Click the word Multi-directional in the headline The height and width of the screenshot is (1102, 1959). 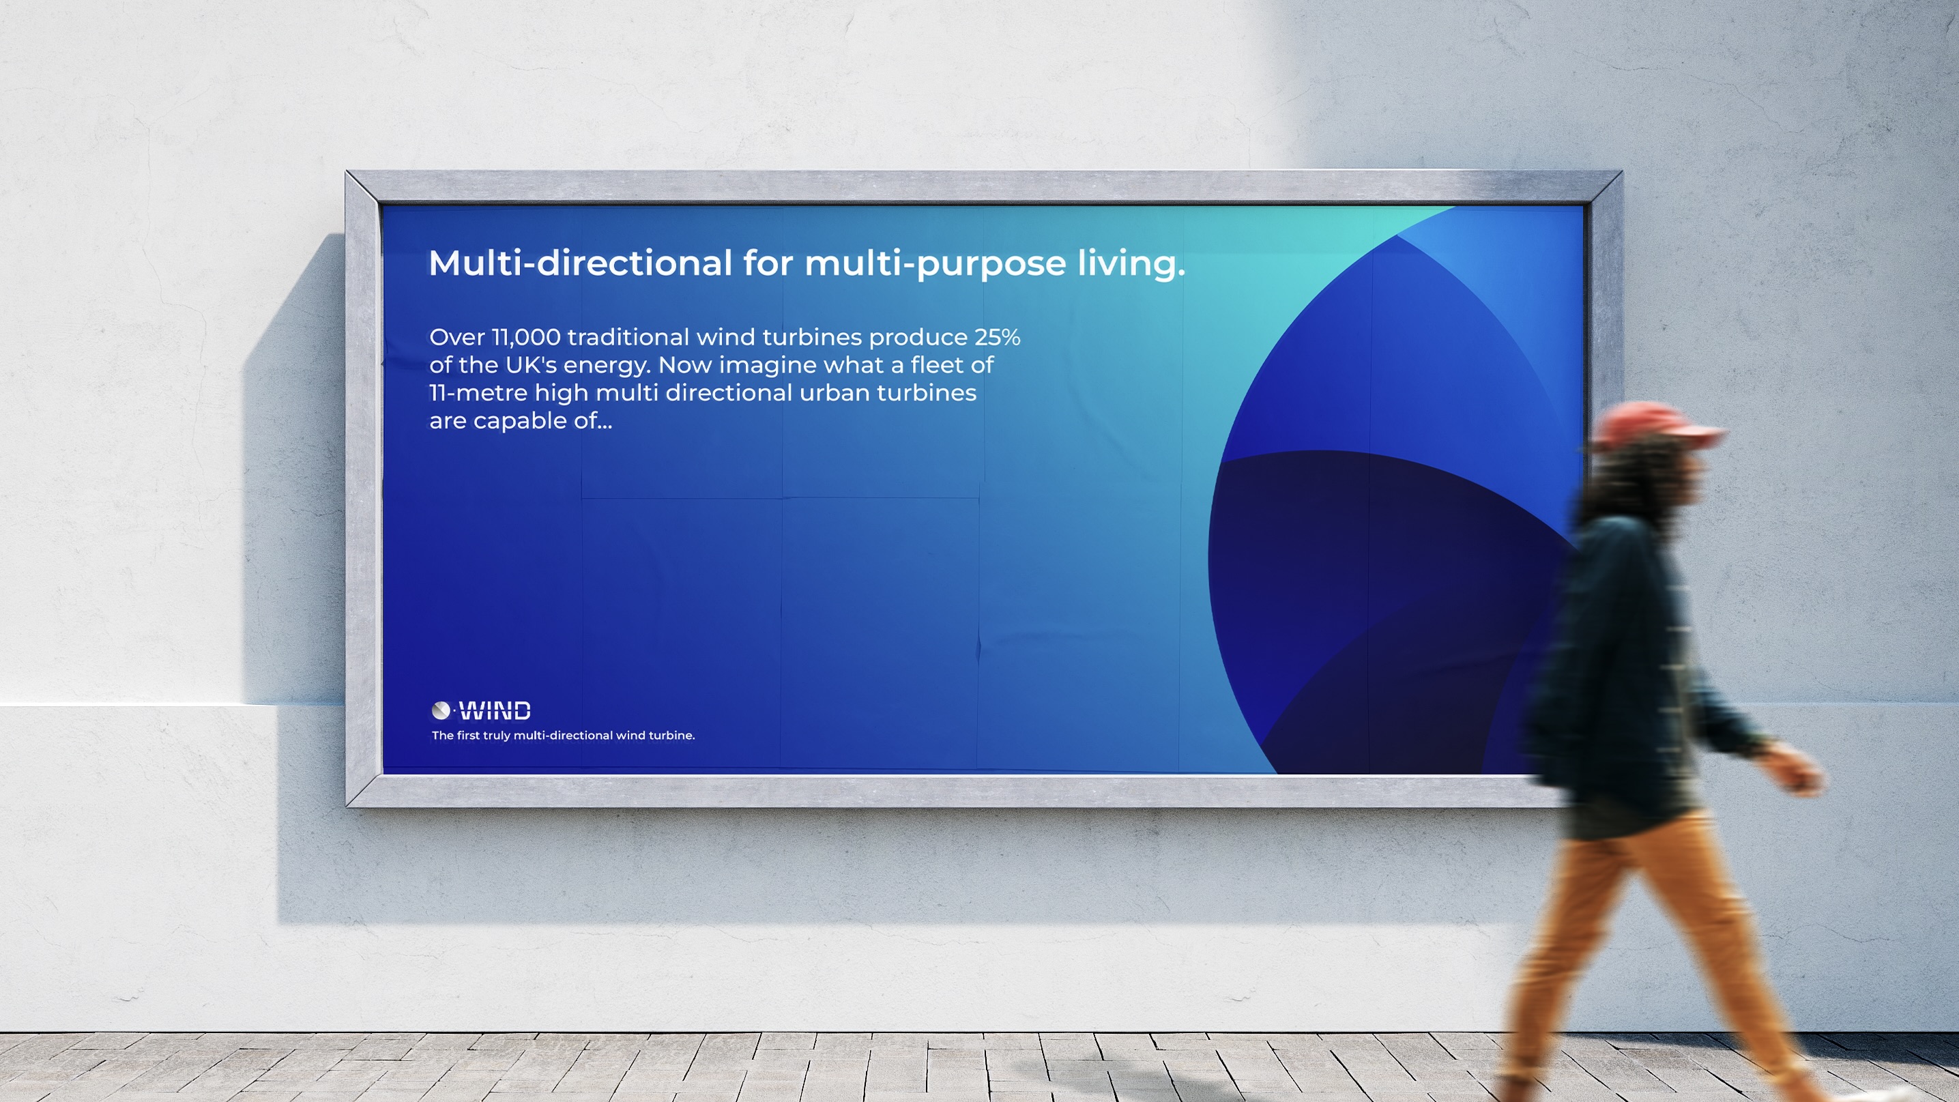[580, 263]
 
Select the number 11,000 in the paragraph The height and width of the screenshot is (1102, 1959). [526, 337]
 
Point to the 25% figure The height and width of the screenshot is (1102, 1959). [997, 337]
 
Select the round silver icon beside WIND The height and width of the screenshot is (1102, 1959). [440, 710]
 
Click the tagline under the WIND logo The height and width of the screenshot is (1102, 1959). [564, 736]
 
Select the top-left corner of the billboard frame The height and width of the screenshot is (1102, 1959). [346, 171]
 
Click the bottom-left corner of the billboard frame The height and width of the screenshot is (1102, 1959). [346, 805]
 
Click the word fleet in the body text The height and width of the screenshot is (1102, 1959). [938, 365]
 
